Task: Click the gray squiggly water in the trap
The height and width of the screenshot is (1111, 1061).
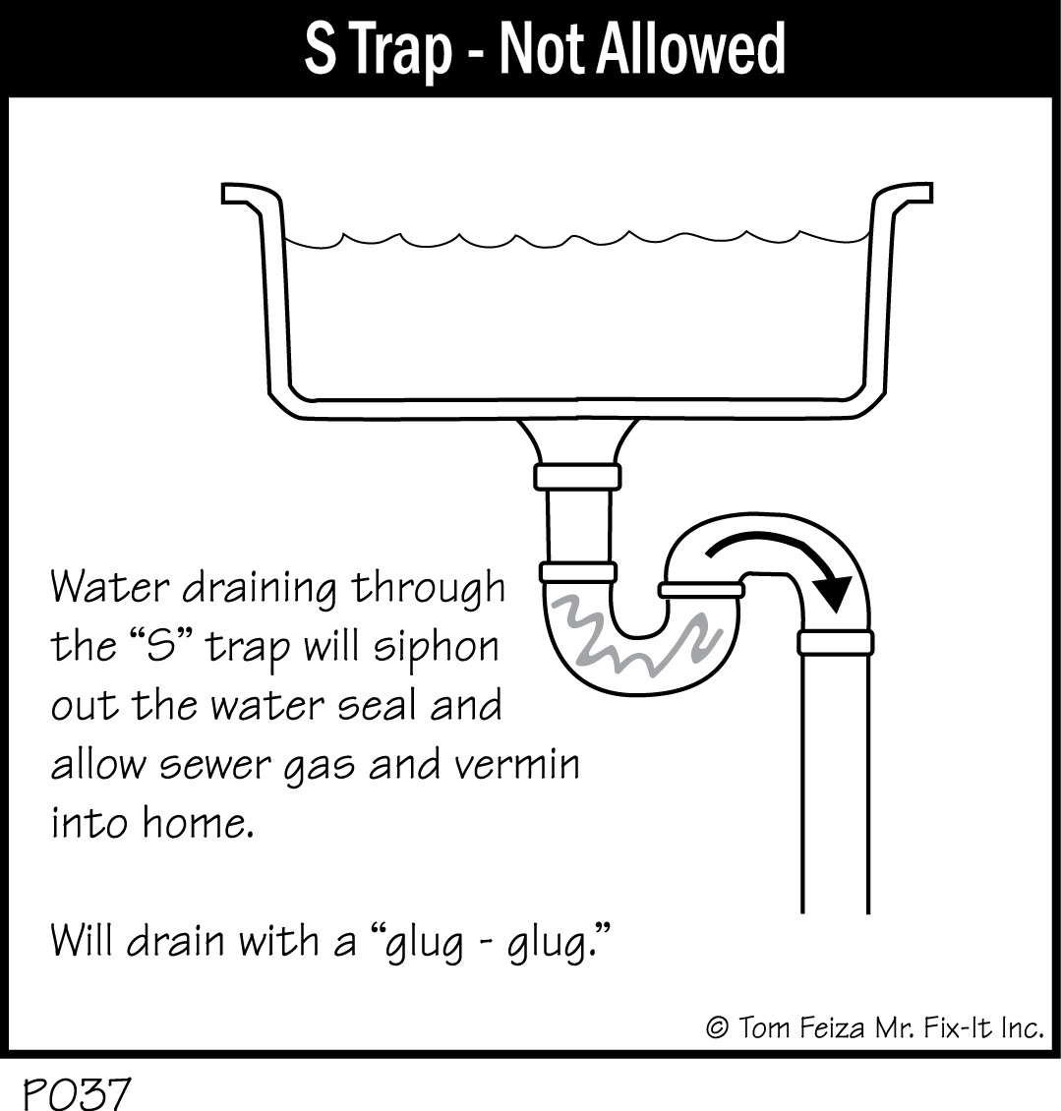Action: tap(634, 634)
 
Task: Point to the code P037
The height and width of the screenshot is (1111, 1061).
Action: tap(78, 1092)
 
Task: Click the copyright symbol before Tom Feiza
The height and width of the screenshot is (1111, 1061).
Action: tap(718, 1026)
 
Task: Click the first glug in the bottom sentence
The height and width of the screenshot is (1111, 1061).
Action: tap(424, 943)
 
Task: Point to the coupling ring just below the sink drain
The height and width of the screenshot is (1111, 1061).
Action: tap(577, 477)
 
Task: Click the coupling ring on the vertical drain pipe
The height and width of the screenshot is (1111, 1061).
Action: tap(836, 642)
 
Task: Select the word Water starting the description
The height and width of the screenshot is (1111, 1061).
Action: tap(110, 587)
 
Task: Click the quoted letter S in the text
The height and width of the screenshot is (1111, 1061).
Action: tap(160, 646)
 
